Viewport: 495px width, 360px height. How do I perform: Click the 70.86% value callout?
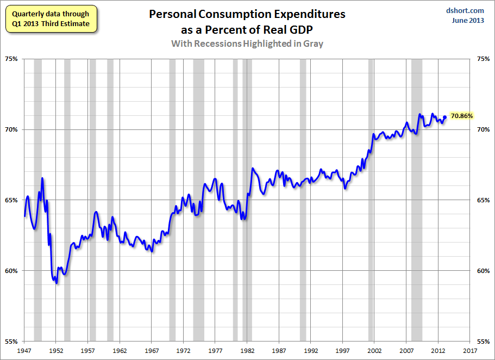point(462,116)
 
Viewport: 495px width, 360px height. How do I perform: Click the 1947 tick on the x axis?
point(24,351)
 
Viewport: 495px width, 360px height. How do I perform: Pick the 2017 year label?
point(470,351)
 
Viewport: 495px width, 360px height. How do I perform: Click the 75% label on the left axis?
point(12,59)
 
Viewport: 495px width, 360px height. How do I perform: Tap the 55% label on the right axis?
point(483,342)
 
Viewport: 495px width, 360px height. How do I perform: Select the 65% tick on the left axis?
point(12,200)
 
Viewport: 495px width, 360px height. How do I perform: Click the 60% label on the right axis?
point(483,271)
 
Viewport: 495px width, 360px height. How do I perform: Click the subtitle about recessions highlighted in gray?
point(247,44)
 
